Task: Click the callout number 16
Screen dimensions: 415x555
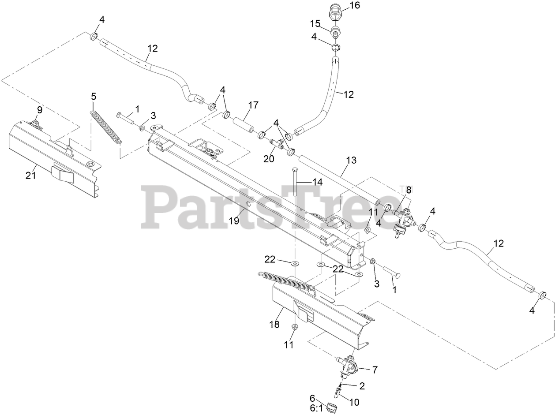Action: coord(355,5)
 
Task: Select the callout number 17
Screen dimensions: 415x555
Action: coord(253,105)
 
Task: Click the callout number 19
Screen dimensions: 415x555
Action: coord(234,221)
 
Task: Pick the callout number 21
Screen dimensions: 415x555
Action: coord(30,176)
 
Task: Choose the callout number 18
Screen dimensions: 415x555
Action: coord(274,325)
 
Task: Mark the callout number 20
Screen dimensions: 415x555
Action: coord(269,159)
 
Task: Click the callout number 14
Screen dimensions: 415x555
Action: coord(318,182)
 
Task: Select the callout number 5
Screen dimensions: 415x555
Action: coord(93,96)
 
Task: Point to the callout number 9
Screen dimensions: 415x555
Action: coord(40,109)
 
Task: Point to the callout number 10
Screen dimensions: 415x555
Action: coord(355,402)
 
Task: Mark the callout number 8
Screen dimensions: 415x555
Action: coord(409,190)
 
